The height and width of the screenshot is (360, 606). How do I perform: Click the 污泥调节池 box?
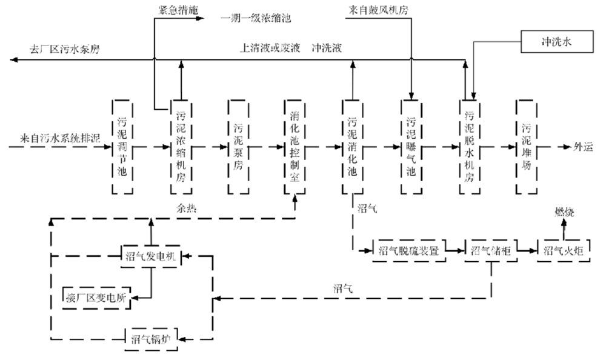click(122, 147)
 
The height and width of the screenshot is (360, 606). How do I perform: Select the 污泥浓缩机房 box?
click(181, 147)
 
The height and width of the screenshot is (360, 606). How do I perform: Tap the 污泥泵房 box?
click(238, 147)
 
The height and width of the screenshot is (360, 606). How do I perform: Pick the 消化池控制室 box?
click(295, 147)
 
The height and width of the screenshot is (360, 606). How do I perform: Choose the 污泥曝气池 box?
click(411, 147)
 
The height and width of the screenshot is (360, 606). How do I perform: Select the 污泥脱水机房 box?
click(469, 147)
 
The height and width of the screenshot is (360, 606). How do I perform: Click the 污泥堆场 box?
click(526, 147)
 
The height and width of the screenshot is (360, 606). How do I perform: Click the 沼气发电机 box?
click(149, 257)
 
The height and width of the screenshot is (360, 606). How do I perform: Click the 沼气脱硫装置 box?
click(409, 250)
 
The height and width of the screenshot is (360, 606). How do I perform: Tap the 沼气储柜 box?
click(490, 250)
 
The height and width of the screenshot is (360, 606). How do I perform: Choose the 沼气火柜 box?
click(563, 250)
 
